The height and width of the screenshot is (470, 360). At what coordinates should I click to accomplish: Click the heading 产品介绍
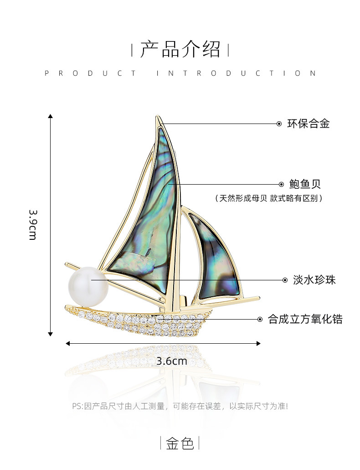(180, 49)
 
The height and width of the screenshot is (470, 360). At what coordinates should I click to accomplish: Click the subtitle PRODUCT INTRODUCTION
(180, 73)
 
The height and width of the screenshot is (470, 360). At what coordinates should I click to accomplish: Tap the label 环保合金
(308, 124)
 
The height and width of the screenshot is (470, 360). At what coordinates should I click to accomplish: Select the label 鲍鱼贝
(305, 184)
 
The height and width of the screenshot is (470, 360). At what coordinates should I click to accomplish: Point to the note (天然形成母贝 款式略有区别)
(269, 198)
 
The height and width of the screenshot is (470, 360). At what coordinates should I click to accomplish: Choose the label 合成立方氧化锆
(305, 319)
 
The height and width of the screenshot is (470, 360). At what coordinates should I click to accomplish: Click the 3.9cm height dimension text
(33, 225)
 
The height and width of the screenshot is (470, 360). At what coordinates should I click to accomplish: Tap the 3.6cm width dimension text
(172, 361)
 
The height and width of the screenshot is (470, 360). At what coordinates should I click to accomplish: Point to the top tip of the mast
(157, 118)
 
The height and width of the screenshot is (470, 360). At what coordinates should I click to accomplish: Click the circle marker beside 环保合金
(279, 124)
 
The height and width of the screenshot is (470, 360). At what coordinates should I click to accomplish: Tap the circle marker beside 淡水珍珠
(285, 280)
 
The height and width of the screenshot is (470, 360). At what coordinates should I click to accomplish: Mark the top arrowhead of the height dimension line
(50, 116)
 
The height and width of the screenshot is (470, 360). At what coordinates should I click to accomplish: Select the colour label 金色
(180, 443)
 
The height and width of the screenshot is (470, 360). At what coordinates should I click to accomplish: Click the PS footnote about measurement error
(180, 406)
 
